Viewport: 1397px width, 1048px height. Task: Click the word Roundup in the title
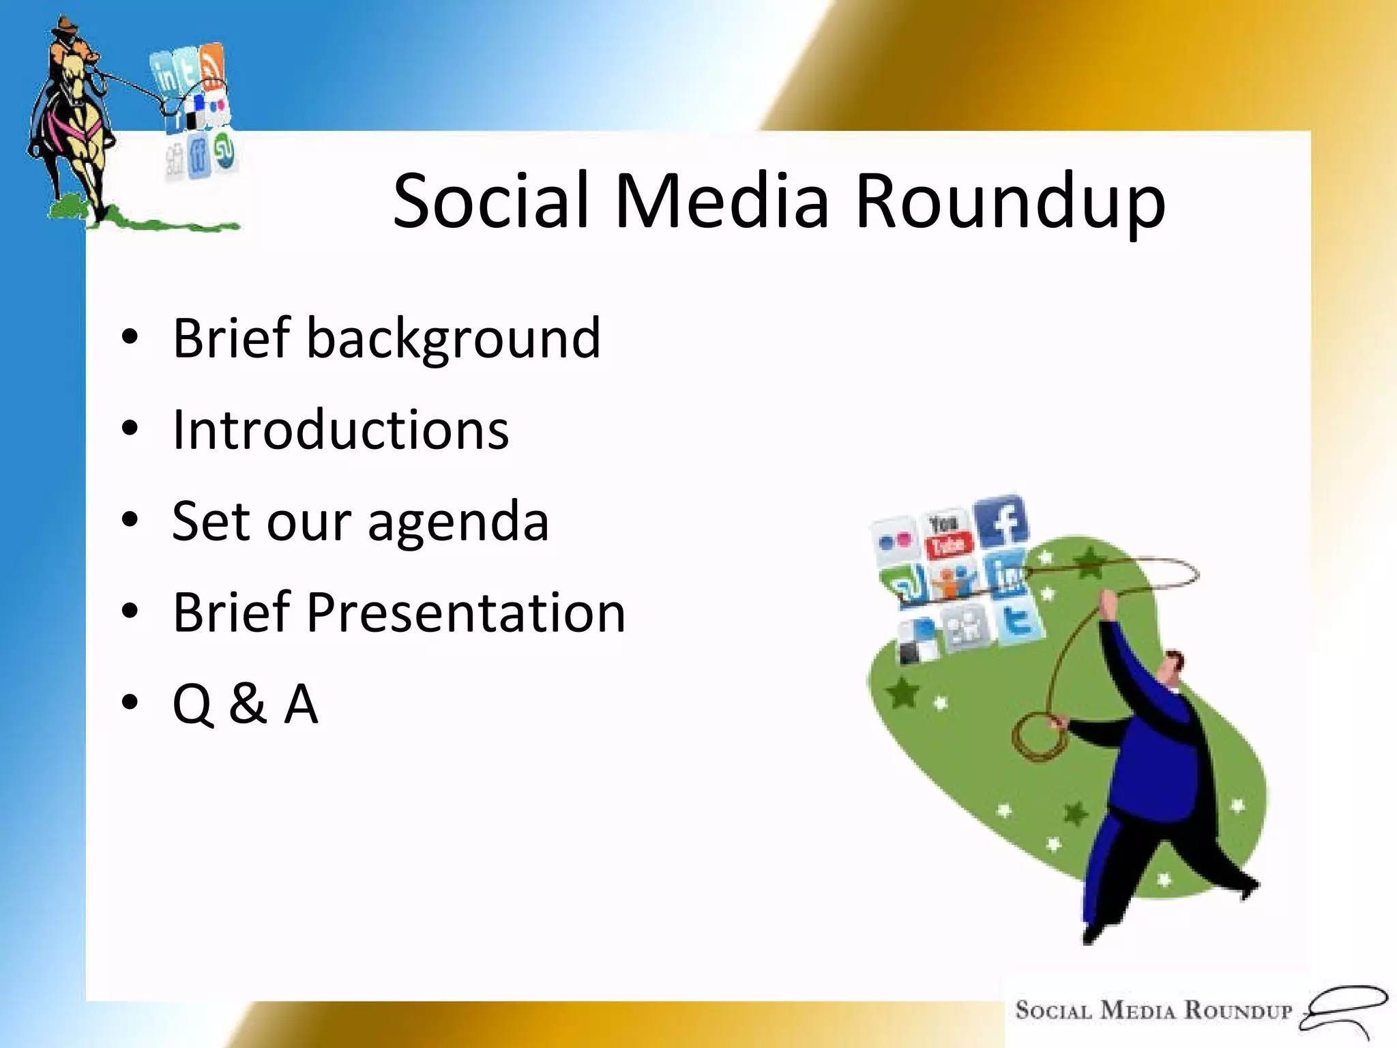coord(1010,202)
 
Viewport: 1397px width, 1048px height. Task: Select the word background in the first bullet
coord(454,340)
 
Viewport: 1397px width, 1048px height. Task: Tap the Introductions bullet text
coord(340,431)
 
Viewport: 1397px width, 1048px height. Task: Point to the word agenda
coord(458,523)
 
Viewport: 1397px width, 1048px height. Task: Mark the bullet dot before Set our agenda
coord(130,521)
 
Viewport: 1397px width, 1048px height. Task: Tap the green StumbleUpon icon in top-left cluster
coord(224,151)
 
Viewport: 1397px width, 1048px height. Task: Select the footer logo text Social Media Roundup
coord(1153,1010)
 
